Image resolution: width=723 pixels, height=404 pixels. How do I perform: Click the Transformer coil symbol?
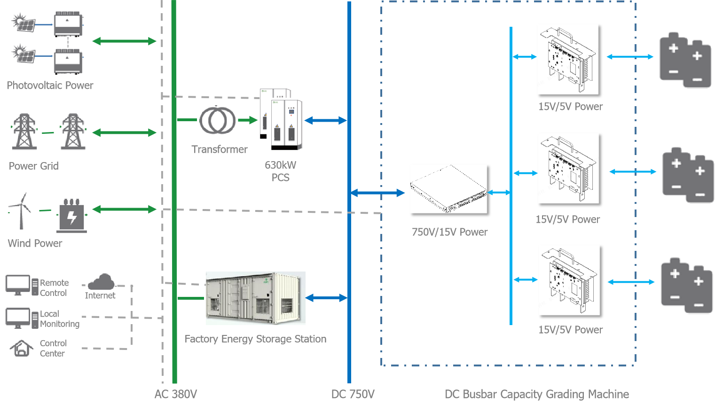coord(217,121)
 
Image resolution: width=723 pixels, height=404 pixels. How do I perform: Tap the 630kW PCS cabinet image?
coord(281,120)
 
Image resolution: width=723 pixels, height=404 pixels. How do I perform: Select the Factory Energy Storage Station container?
coord(255,298)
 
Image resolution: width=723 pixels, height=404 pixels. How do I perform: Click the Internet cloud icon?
coord(101,282)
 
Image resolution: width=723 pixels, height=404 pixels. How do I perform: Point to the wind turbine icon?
coord(20,210)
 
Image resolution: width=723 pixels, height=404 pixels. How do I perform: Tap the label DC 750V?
coord(353,394)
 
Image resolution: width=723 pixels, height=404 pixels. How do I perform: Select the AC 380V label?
coord(176,394)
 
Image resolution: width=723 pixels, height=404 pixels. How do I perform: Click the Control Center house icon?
coord(22,348)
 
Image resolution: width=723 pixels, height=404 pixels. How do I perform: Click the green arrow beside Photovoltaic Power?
coord(124,41)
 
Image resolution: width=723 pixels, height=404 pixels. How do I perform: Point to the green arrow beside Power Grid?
coord(124,133)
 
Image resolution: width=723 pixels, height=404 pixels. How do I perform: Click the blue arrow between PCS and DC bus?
coord(325,121)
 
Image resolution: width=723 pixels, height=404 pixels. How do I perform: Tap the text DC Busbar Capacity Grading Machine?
coord(537,394)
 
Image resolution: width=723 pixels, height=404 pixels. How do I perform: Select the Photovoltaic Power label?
coord(50,85)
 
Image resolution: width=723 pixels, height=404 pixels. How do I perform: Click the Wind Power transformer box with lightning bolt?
coord(71,217)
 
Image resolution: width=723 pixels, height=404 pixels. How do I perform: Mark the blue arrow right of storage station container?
coord(326,298)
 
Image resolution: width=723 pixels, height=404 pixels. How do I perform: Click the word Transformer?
coord(220,149)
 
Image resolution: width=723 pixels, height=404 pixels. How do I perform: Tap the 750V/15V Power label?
coord(449,232)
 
